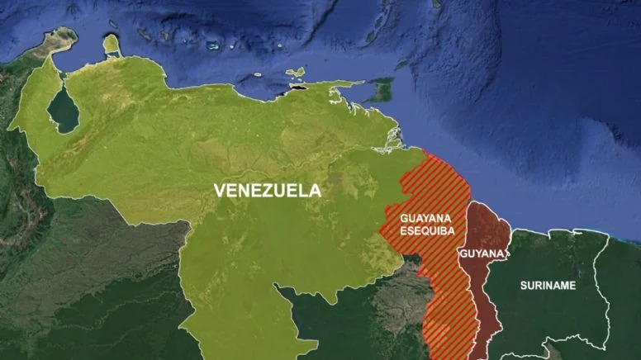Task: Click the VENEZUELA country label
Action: click(267, 191)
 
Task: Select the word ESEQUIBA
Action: click(427, 231)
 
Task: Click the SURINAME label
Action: click(548, 286)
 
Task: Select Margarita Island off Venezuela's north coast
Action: click(295, 73)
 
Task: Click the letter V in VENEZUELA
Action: click(219, 191)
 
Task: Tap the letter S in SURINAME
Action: click(523, 286)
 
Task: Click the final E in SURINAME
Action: click(572, 286)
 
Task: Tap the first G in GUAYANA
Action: click(404, 219)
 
